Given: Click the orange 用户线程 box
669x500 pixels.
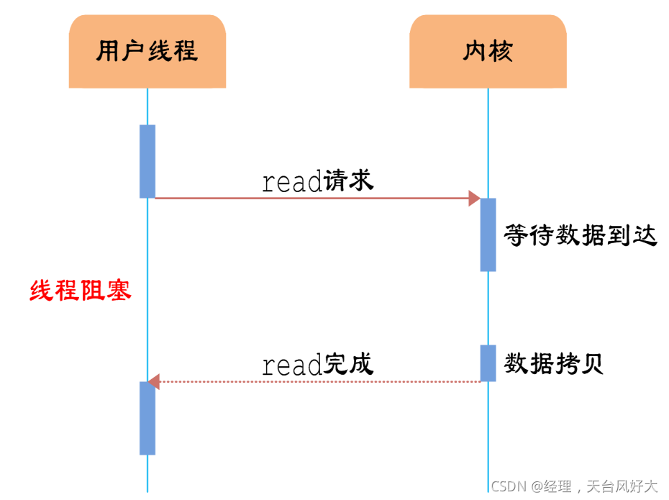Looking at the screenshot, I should (x=147, y=52).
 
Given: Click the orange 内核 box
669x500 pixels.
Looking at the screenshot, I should (x=488, y=52).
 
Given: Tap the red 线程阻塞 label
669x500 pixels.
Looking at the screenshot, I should (x=81, y=291).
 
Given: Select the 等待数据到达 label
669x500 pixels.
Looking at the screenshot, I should (x=581, y=235).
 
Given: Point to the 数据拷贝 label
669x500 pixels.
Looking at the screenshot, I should (x=553, y=364).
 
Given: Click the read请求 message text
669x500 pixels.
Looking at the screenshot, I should (x=318, y=181).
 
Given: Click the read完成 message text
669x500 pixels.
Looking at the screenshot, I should (x=318, y=365).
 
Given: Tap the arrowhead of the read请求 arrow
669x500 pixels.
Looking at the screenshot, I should (x=475, y=198).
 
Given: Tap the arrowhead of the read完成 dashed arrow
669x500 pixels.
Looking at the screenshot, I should (x=153, y=381).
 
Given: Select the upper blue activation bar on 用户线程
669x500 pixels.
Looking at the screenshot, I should (x=147, y=161).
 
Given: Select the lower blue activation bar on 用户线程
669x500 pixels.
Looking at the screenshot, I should (x=147, y=418).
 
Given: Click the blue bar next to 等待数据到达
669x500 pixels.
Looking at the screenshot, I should (x=488, y=235).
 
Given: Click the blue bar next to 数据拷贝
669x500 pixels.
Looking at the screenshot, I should (x=488, y=363).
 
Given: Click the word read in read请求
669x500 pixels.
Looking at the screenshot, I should (x=291, y=183).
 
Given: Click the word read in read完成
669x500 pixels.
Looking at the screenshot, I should (x=291, y=366).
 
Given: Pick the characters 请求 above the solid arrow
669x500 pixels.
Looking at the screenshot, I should (x=349, y=180).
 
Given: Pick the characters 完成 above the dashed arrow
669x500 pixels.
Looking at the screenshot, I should (x=349, y=364).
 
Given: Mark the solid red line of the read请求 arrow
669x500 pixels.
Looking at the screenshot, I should (x=309, y=198).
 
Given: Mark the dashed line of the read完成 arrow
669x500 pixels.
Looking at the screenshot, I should (x=317, y=381).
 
